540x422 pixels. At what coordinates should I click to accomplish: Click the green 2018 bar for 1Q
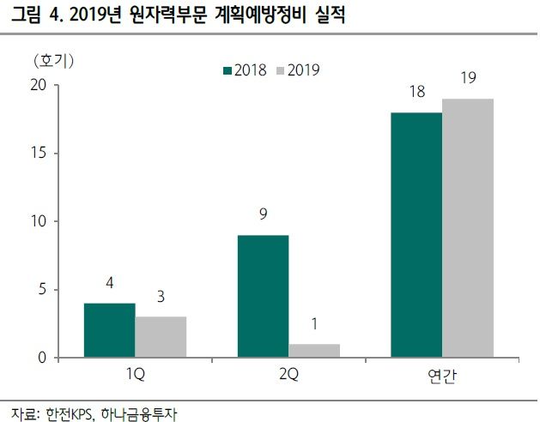pyautogui.click(x=109, y=330)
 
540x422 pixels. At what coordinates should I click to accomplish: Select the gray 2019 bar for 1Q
pyautogui.click(x=161, y=337)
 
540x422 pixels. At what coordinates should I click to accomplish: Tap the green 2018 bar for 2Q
pyautogui.click(x=263, y=296)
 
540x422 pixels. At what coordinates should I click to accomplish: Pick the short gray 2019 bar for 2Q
pyautogui.click(x=314, y=351)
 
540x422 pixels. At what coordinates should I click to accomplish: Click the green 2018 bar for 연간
pyautogui.click(x=416, y=235)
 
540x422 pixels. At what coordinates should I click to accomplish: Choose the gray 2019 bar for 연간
pyautogui.click(x=468, y=228)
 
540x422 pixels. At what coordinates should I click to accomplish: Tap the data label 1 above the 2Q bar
pyautogui.click(x=314, y=324)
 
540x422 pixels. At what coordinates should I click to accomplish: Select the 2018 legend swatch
pyautogui.click(x=227, y=70)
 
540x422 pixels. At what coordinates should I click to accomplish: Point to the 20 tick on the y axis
pyautogui.click(x=37, y=86)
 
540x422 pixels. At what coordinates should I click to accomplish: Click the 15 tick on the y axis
pyautogui.click(x=37, y=154)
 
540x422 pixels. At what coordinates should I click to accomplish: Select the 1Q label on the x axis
pyautogui.click(x=135, y=376)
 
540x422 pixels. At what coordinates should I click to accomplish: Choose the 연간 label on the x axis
pyautogui.click(x=442, y=377)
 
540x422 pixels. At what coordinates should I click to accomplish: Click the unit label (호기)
pyautogui.click(x=53, y=60)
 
